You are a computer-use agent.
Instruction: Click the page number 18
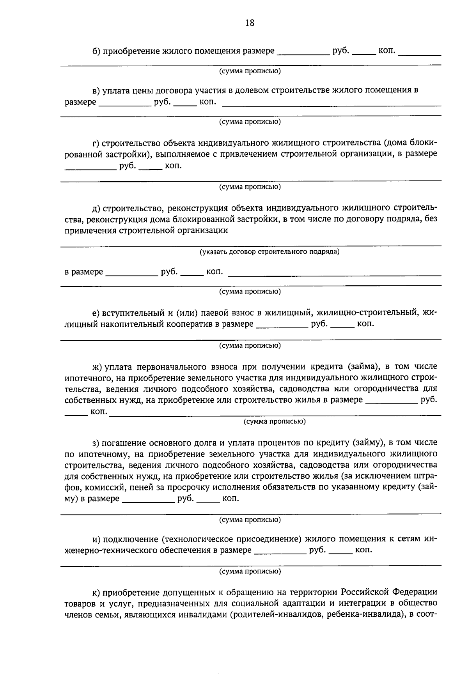click(250, 23)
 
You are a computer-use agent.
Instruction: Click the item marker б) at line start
click(96, 51)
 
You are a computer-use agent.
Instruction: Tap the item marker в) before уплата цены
click(96, 91)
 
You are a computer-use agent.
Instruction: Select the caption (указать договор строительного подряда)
click(270, 252)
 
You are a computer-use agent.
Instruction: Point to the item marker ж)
click(97, 367)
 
